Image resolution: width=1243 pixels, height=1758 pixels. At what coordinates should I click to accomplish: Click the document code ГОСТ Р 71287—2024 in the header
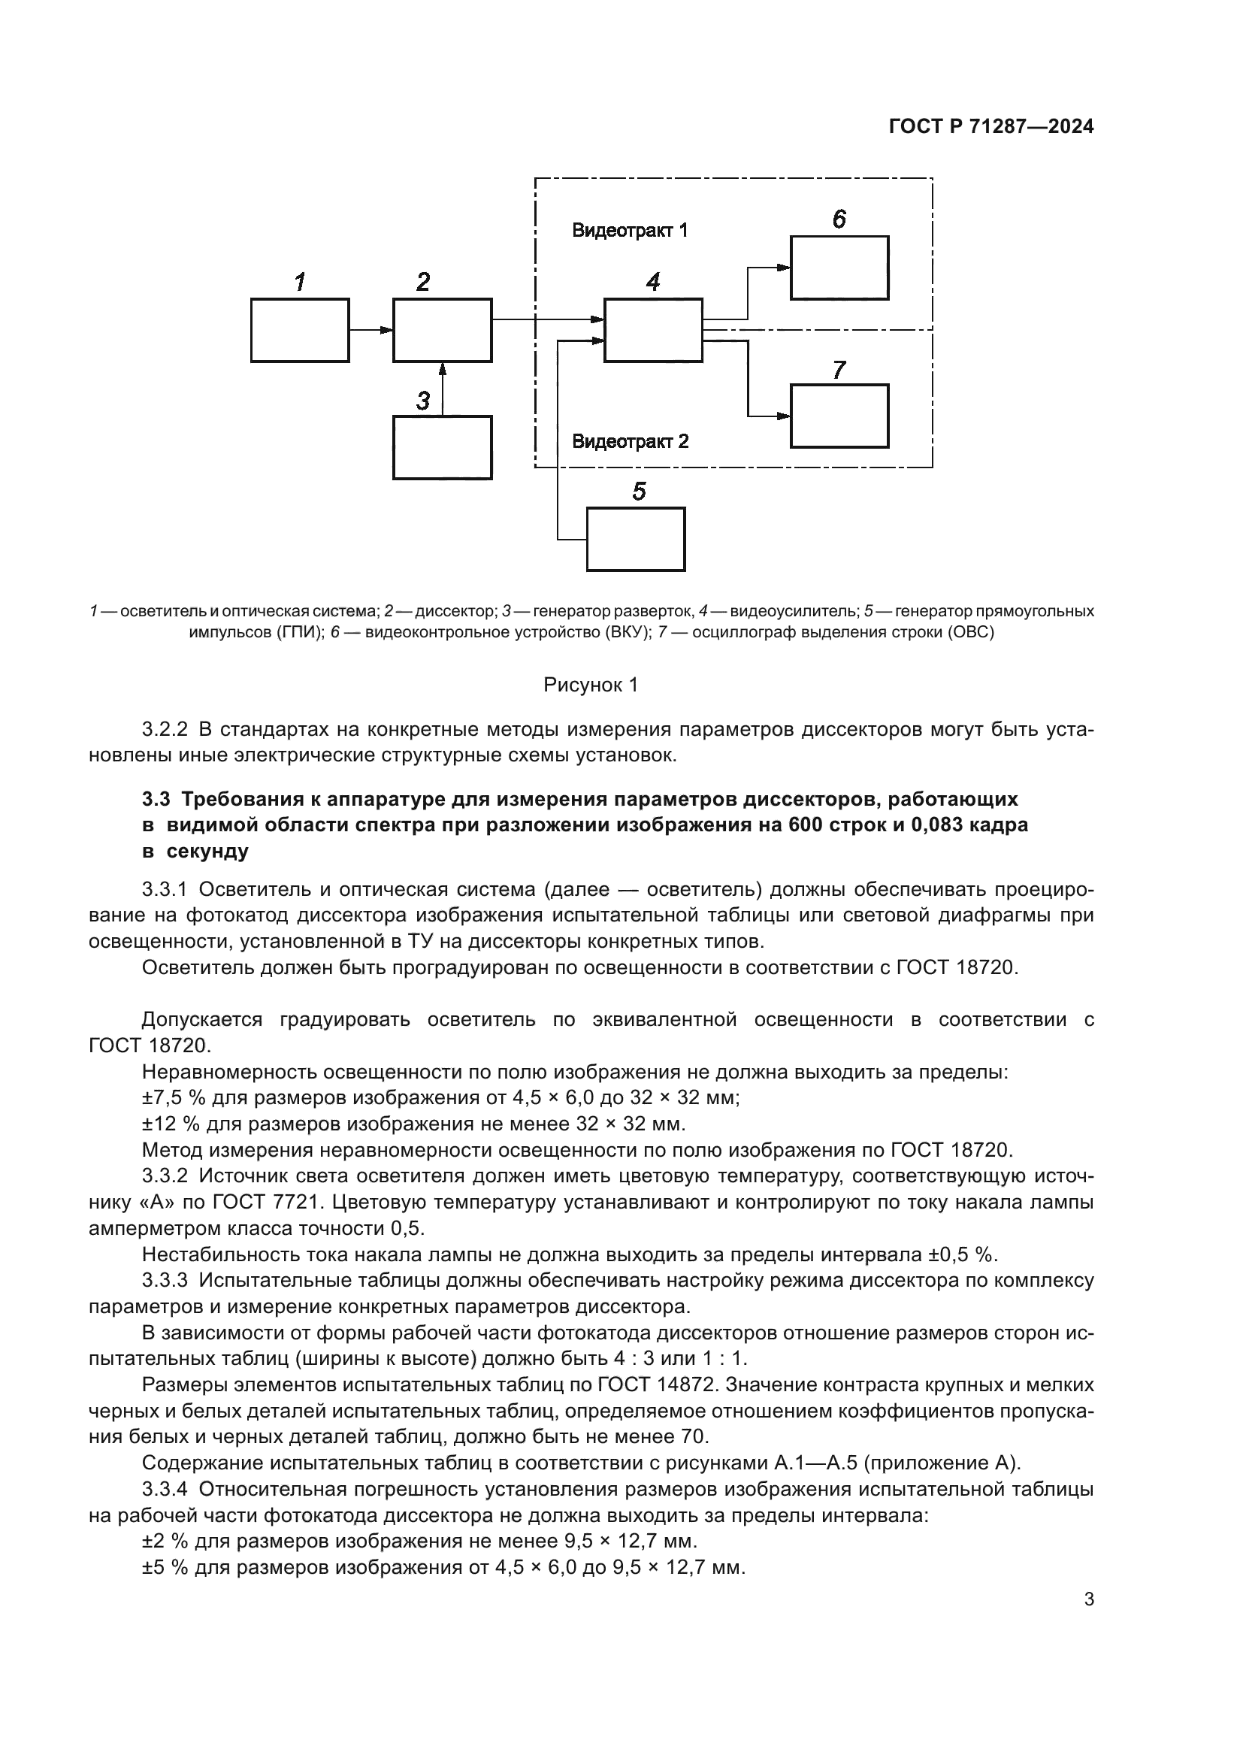click(990, 127)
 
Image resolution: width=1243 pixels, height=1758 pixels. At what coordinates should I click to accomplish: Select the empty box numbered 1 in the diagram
click(300, 330)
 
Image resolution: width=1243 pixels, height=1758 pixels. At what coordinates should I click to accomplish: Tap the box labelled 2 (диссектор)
click(443, 330)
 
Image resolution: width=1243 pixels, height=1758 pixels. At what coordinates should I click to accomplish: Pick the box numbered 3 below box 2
click(443, 447)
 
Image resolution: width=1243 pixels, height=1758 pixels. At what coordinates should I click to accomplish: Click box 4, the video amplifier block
click(653, 330)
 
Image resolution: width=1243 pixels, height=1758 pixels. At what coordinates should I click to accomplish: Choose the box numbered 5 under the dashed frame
click(635, 539)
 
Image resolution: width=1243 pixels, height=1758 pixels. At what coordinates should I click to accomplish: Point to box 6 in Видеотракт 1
click(839, 268)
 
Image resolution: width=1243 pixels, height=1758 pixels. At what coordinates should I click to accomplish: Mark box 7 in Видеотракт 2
click(839, 416)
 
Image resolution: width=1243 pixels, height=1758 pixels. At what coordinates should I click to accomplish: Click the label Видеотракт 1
click(630, 231)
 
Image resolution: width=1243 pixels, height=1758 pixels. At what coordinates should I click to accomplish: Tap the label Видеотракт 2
click(630, 441)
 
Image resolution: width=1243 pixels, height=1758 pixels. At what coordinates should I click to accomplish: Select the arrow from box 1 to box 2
click(371, 330)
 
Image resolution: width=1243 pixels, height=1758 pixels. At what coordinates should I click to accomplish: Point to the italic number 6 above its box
click(839, 219)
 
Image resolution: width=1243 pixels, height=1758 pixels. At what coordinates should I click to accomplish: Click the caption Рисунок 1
click(590, 685)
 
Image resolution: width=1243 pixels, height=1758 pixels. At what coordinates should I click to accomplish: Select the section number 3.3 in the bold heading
click(156, 800)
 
